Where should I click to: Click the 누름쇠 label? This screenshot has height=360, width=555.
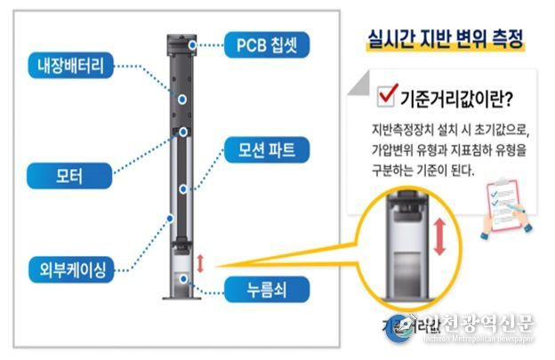pos(253,288)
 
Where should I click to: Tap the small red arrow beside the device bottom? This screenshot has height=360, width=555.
pos(201,263)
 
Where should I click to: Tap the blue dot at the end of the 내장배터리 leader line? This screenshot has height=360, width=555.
pos(181,101)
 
